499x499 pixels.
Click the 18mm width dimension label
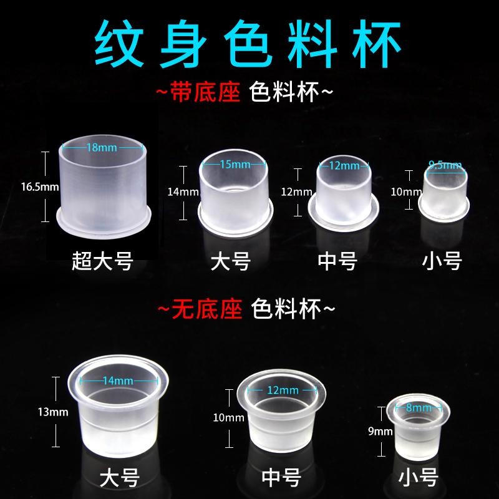point(104,148)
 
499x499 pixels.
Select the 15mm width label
point(235,164)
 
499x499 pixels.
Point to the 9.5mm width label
point(445,165)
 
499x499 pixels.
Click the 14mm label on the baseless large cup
point(118,380)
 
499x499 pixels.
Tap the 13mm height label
point(53,412)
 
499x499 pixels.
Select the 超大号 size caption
point(102,259)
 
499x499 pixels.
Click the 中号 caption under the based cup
point(337,259)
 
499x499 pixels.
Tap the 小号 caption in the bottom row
point(419,478)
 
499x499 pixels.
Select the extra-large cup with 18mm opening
point(104,187)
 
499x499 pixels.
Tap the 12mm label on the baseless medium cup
point(283,390)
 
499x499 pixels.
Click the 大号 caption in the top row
point(230,259)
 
